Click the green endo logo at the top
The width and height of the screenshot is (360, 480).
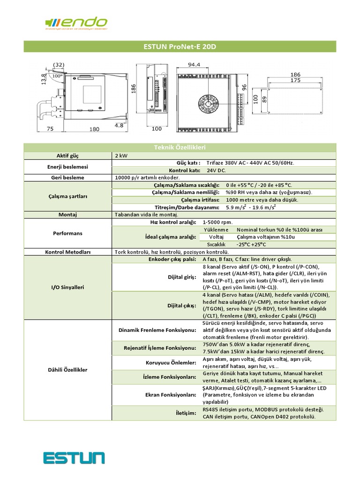(x=76, y=22)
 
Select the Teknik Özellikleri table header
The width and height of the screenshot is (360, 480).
(x=180, y=148)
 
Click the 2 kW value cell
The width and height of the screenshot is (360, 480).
(x=121, y=155)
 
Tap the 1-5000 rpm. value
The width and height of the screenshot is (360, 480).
(x=217, y=222)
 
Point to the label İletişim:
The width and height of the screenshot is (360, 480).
(x=186, y=413)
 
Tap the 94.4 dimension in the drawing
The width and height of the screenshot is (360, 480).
(x=194, y=65)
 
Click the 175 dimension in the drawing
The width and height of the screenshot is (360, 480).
(x=295, y=81)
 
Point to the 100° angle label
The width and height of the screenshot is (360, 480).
(x=57, y=75)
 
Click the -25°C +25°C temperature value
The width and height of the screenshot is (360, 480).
(x=251, y=244)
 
